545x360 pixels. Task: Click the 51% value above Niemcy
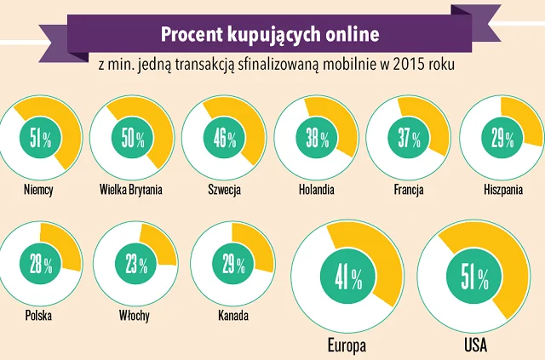coord(40,139)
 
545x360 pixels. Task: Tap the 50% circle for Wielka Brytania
coord(133,139)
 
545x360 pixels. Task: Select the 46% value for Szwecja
coord(225,139)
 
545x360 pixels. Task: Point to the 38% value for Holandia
coord(317,139)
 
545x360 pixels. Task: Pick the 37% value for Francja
coord(409,139)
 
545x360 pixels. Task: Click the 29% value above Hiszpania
coord(502,139)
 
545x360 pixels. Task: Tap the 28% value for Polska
coord(41,264)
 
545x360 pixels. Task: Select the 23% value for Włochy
coord(136,264)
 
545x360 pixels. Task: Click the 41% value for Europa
coord(348,278)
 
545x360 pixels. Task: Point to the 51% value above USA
coord(474,278)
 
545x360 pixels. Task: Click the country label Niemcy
coord(38,190)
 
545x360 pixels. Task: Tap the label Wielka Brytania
coord(130,190)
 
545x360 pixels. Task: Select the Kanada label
coord(233,316)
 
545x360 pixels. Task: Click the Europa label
coord(347,346)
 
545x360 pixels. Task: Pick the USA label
coord(475,345)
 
